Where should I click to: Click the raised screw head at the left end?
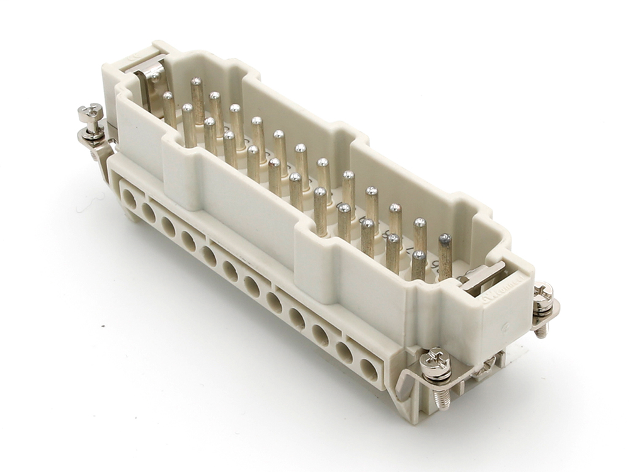[x=90, y=113]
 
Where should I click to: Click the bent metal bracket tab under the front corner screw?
[x=407, y=384]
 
